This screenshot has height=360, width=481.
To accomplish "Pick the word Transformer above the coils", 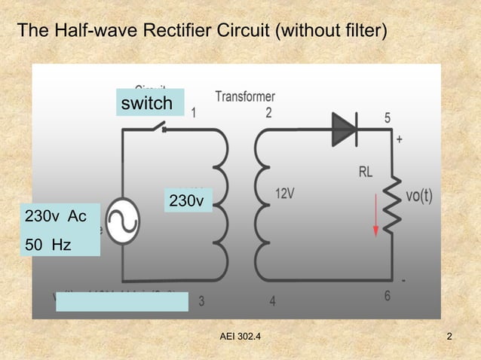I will click(x=245, y=96).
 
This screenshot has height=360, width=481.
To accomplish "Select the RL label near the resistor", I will click(x=366, y=172).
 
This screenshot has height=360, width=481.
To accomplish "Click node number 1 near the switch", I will click(x=195, y=114).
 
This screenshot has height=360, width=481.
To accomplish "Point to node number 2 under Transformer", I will click(x=268, y=114).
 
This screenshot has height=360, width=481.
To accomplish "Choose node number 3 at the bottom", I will click(x=201, y=301).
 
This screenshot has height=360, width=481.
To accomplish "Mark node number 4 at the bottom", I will click(x=272, y=301).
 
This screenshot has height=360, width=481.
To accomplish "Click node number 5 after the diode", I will click(x=388, y=118).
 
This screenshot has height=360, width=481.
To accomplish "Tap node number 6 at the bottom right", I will click(x=388, y=296).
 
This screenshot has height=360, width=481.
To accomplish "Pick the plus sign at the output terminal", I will click(x=399, y=140).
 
